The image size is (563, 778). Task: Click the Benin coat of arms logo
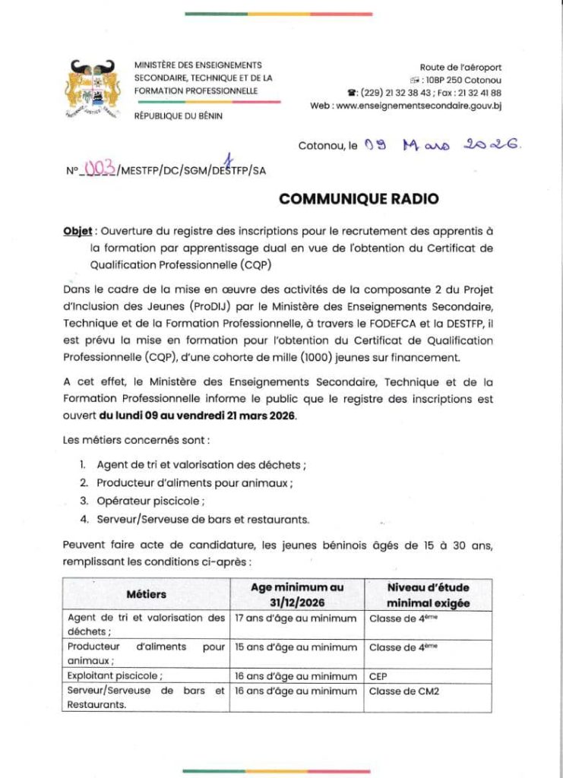click(x=93, y=88)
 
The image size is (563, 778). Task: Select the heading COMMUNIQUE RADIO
click(x=359, y=199)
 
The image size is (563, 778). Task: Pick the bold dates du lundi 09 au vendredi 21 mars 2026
click(x=198, y=417)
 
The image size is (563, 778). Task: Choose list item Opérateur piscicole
click(x=150, y=501)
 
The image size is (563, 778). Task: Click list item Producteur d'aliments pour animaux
click(x=195, y=482)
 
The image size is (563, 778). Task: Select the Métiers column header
click(x=146, y=594)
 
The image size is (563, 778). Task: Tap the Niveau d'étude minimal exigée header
click(x=428, y=595)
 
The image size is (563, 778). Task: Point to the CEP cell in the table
click(x=379, y=676)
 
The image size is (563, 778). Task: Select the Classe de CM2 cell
click(x=404, y=691)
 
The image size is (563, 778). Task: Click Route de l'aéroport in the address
click(x=460, y=68)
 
